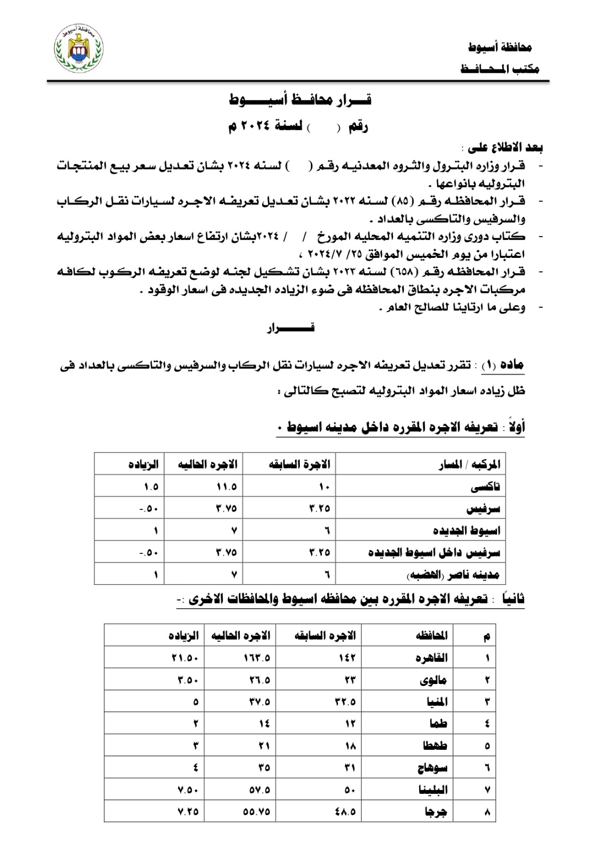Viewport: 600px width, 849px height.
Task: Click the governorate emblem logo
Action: coord(79,51)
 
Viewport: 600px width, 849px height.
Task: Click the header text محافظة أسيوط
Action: coord(500,48)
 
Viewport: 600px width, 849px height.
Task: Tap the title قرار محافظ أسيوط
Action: coord(300,99)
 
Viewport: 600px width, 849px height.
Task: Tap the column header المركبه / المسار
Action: coord(469,465)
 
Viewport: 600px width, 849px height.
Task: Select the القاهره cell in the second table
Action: coord(431,658)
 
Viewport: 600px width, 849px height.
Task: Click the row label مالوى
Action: coord(434,680)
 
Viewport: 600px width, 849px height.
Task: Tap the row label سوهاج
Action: coord(432,767)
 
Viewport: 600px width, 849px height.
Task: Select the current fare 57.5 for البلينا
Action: coord(259,790)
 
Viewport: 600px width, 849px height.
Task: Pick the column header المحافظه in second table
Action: coord(431,636)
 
